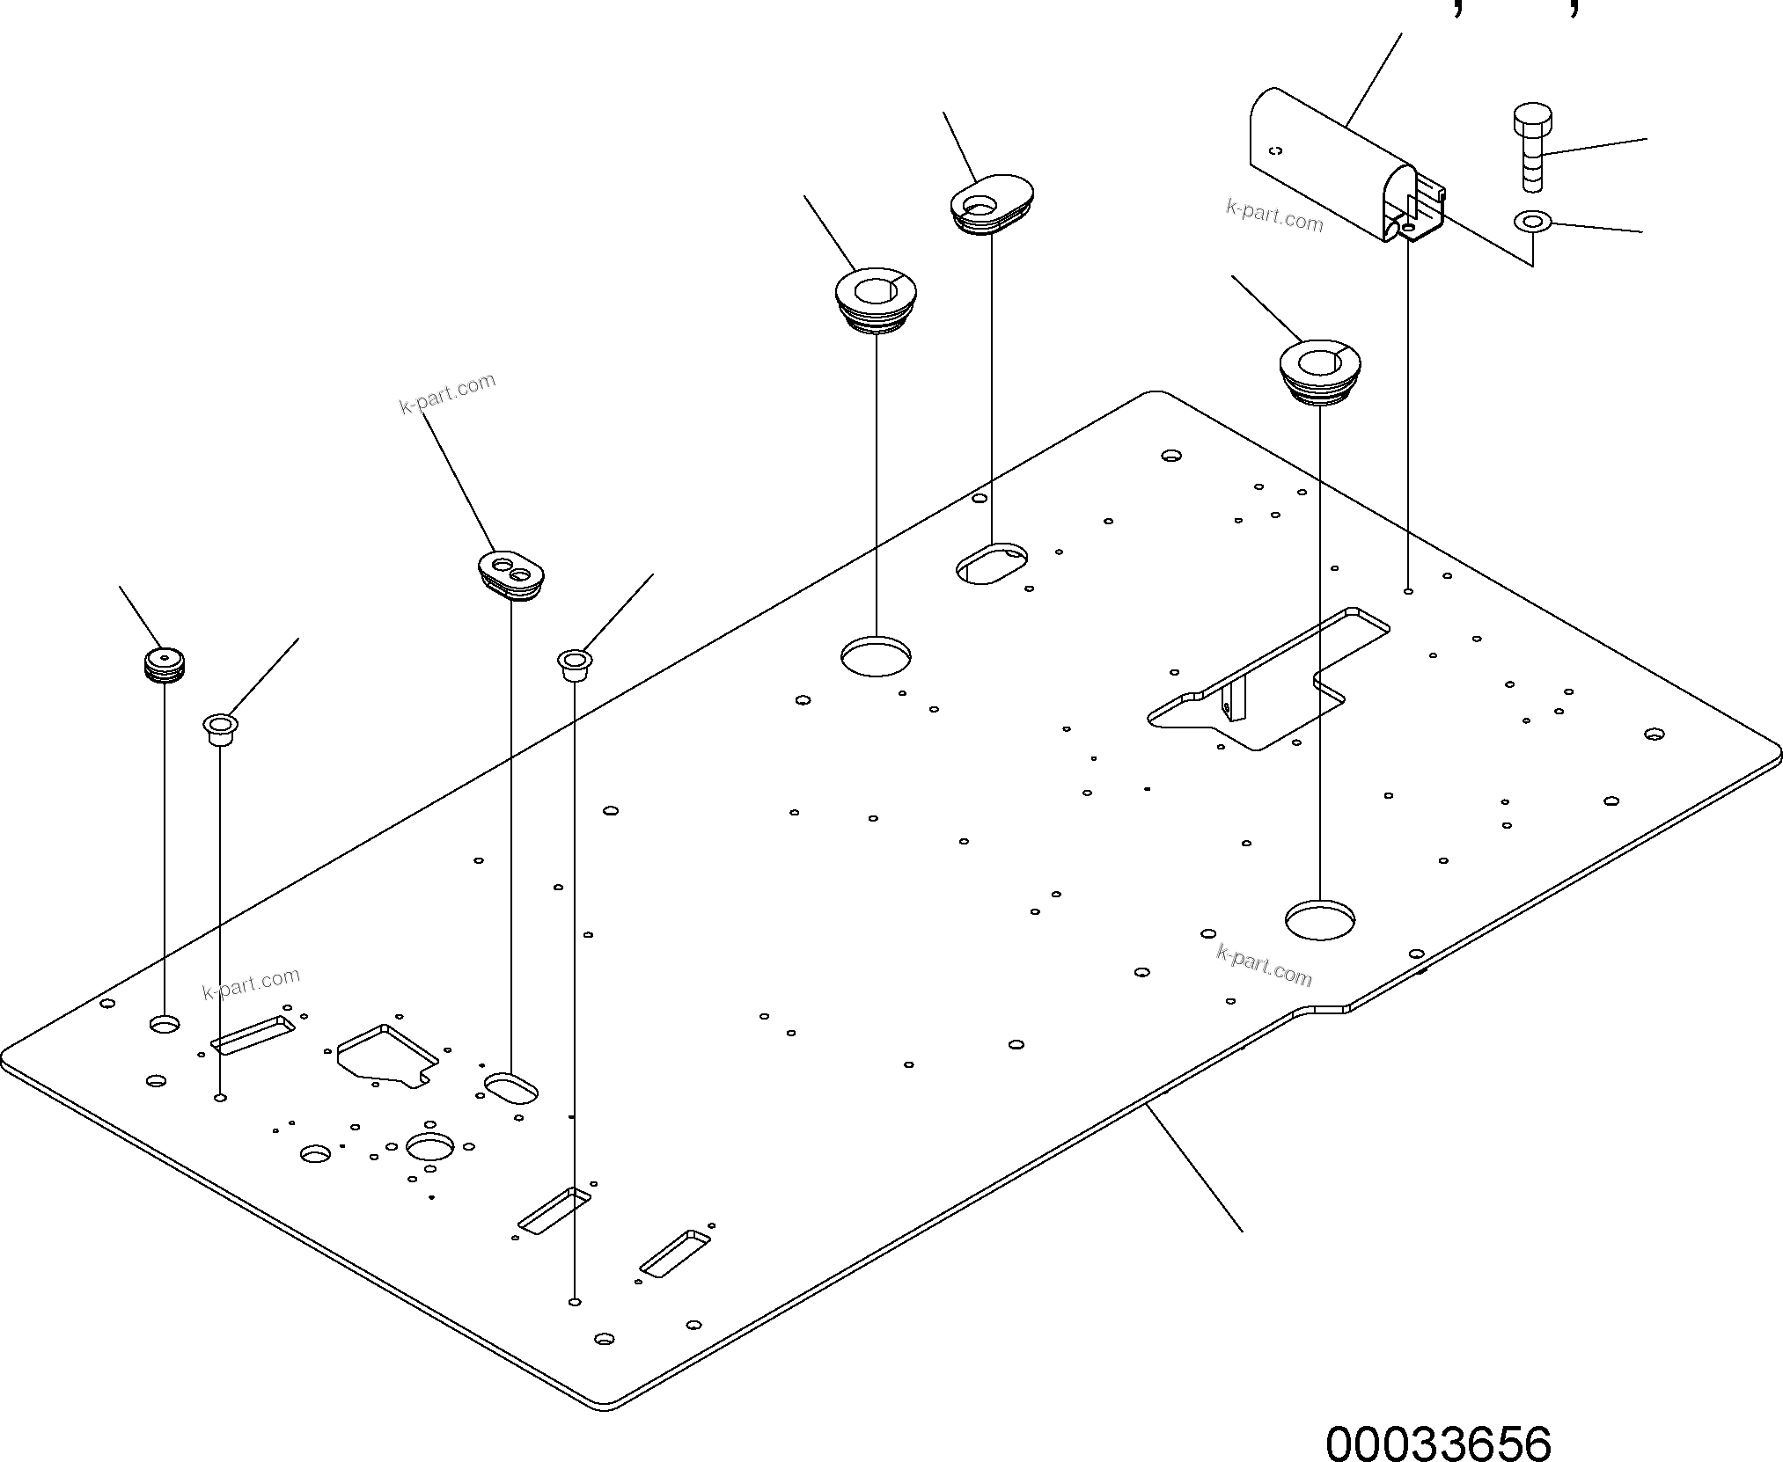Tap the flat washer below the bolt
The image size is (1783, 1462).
(1533, 221)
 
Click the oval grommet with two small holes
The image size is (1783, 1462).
(511, 574)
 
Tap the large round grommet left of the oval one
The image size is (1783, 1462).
(875, 300)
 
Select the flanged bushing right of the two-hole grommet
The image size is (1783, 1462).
(575, 663)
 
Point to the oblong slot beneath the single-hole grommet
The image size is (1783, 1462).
(992, 564)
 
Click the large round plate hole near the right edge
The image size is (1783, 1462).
(1319, 920)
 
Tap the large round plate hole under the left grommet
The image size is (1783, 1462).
(876, 656)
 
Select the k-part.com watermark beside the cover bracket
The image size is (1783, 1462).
(1273, 216)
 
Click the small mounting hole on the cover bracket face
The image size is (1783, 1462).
(1277, 150)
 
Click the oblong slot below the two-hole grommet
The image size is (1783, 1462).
(511, 1087)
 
